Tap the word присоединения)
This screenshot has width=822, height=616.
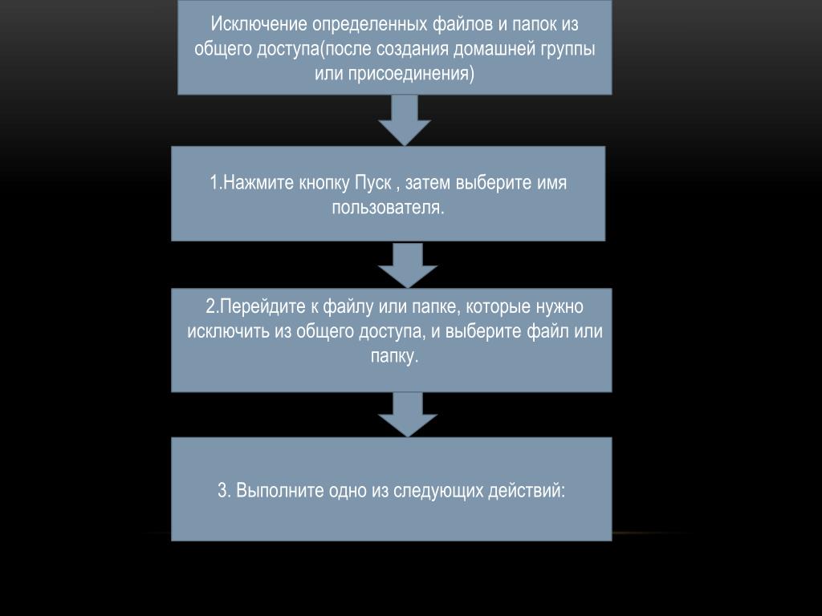[394, 73]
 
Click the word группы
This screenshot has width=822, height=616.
[569, 50]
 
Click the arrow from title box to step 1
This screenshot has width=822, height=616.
[405, 120]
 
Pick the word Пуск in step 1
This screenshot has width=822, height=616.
[373, 183]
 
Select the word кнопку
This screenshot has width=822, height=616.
[325, 184]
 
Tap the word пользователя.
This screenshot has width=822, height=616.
[388, 208]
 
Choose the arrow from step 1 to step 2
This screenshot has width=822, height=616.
[407, 265]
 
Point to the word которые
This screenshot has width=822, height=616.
[498, 307]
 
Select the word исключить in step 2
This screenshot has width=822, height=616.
[229, 331]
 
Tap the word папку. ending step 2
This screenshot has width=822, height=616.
[395, 356]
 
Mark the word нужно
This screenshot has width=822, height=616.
[560, 307]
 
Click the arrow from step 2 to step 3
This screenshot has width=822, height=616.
[407, 415]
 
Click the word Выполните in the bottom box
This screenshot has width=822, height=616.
[280, 491]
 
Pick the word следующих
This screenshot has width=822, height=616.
[438, 492]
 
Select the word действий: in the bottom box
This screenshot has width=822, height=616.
[527, 491]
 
